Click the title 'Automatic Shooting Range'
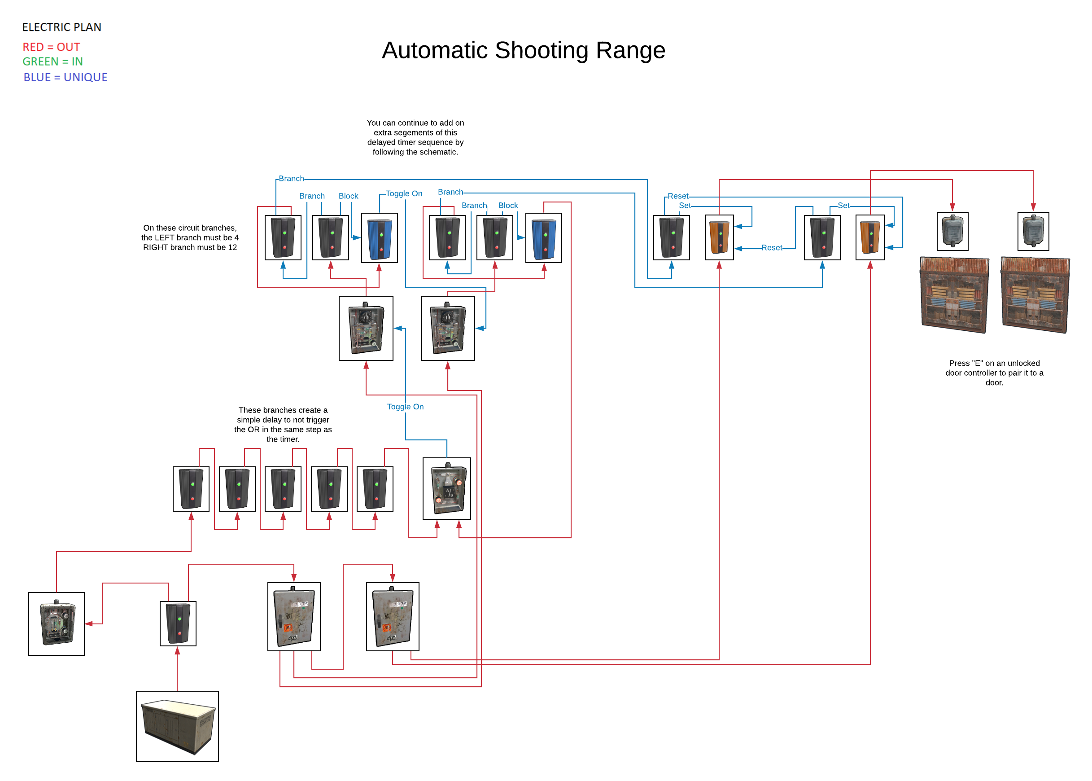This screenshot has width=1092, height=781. [523, 50]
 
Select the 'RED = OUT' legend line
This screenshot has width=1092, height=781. [51, 47]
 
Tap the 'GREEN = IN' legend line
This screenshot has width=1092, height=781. [52, 61]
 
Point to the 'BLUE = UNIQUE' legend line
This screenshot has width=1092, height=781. [66, 77]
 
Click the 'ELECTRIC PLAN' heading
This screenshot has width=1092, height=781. [61, 27]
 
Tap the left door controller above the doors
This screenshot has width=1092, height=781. [952, 231]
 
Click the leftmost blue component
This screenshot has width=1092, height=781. [379, 238]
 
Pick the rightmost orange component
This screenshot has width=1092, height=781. [869, 237]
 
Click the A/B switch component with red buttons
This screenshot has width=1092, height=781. [446, 488]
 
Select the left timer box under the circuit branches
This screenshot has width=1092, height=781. [366, 328]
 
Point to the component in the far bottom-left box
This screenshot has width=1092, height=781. [57, 623]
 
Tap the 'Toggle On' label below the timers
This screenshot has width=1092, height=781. [405, 406]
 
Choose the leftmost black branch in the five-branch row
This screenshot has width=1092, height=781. [191, 489]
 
